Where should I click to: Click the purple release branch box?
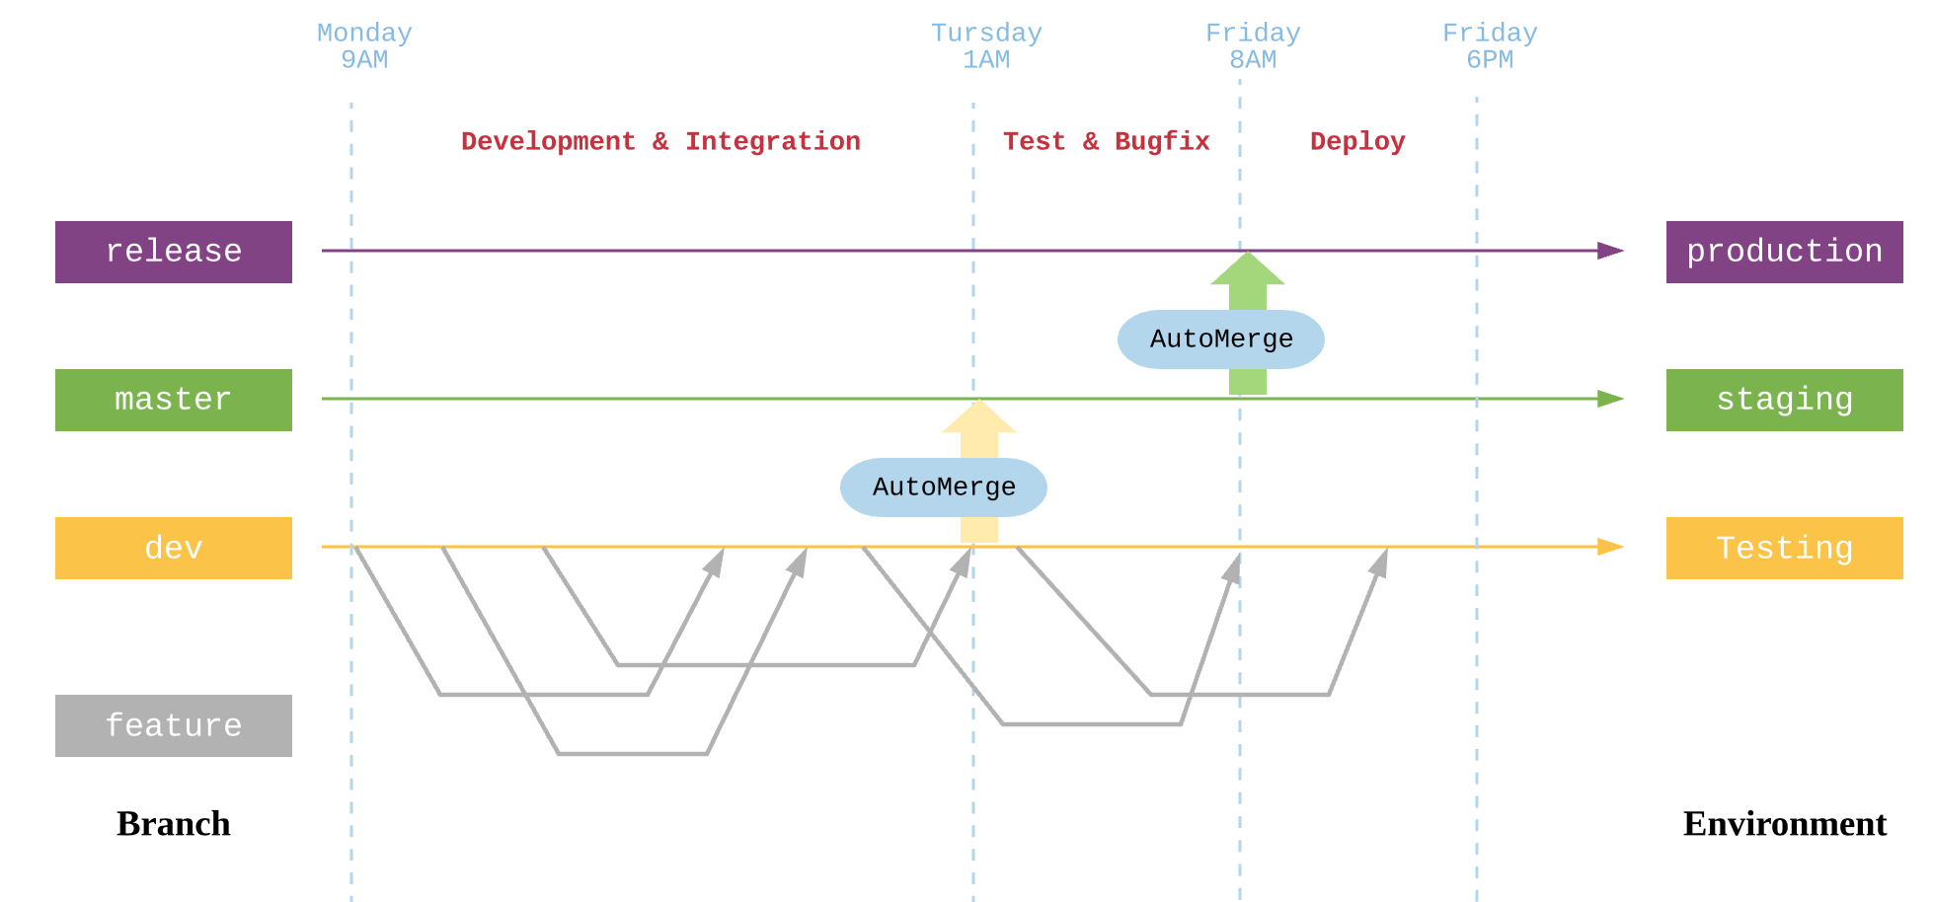coord(174,252)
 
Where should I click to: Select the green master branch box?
coord(174,400)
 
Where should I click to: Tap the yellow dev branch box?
coord(174,548)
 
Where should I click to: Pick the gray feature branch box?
coord(174,725)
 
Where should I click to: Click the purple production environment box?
coord(1784,252)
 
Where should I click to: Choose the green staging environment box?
coord(1784,400)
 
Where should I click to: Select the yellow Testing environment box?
coord(1784,548)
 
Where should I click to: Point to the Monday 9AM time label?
coord(364,46)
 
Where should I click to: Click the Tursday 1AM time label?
coord(986,46)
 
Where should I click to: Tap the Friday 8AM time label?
coord(1253,46)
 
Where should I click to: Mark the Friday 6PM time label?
coord(1490,46)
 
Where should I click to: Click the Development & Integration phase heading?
coord(660,141)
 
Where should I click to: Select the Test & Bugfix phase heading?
coord(1106,141)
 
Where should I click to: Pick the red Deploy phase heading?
coord(1357,141)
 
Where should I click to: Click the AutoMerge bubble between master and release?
coord(1221,339)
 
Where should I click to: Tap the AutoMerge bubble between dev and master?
coord(944,488)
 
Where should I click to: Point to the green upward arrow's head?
coord(1248,270)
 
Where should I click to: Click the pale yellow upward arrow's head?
coord(979,418)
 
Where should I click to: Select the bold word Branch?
coord(174,823)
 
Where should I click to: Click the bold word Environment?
coord(1784,823)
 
